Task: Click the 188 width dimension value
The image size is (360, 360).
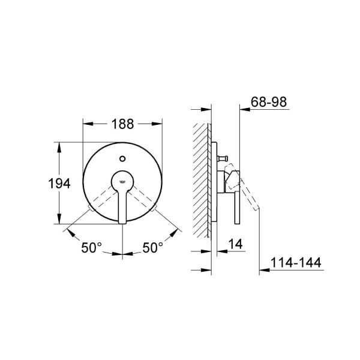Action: point(122,124)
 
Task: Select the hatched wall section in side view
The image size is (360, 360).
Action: point(201,180)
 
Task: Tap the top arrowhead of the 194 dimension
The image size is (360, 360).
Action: point(58,146)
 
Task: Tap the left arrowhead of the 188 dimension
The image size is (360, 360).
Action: point(86,124)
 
